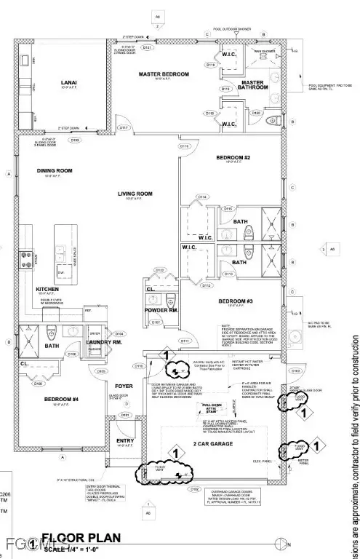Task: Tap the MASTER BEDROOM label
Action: point(164,74)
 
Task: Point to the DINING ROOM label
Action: point(55,171)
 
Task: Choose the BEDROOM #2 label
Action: point(233,157)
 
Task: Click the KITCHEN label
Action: point(47,289)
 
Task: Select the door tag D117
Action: point(124,128)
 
